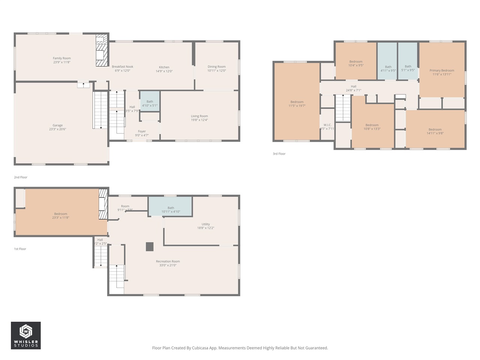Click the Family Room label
(x=61, y=58)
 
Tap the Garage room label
(x=57, y=126)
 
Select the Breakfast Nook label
(x=122, y=67)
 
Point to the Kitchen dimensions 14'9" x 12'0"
(x=164, y=71)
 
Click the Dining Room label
(x=216, y=67)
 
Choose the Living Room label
(x=199, y=116)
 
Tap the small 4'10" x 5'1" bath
(x=150, y=103)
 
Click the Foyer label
(x=142, y=132)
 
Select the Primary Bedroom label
(x=442, y=70)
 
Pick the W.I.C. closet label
(x=327, y=125)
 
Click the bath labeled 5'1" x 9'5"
(x=408, y=68)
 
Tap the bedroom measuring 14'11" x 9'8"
(x=435, y=132)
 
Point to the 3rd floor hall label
(x=353, y=87)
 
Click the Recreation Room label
(x=168, y=261)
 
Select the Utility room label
(x=205, y=224)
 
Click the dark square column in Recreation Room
(x=150, y=246)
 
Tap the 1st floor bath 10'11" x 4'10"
(x=171, y=210)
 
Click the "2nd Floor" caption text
(x=21, y=177)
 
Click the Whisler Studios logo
(x=26, y=335)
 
